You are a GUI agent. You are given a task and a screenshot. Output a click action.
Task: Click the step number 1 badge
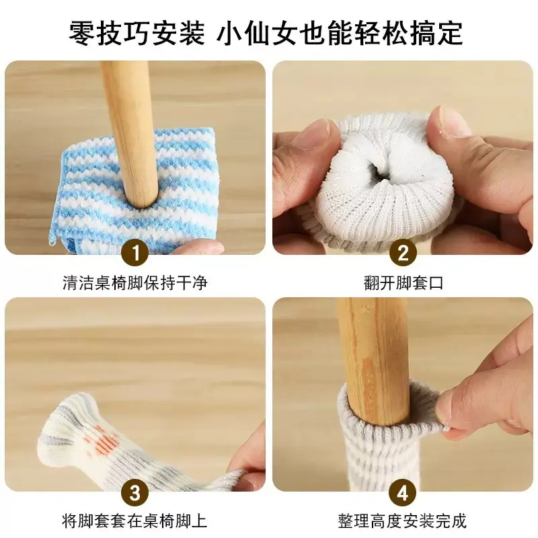click(135, 254)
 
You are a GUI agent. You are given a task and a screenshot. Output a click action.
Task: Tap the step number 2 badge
click(403, 254)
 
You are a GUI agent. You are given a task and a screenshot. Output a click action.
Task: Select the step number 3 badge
click(135, 493)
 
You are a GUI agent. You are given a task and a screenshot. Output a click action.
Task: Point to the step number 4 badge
click(403, 493)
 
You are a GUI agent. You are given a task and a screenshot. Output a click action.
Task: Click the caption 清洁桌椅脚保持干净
click(135, 283)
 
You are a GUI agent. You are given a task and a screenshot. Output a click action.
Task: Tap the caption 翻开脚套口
click(403, 283)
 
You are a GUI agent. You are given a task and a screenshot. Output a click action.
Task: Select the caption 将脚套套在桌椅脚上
click(135, 521)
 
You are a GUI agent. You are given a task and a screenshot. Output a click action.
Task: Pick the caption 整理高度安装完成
click(402, 521)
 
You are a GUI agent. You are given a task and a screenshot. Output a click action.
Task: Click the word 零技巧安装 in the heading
click(137, 33)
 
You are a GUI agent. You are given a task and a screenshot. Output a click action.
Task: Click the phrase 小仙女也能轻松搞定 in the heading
click(340, 33)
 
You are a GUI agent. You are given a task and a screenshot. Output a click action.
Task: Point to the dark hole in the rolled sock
click(377, 169)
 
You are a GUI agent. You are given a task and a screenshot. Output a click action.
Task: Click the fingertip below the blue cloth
click(198, 246)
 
